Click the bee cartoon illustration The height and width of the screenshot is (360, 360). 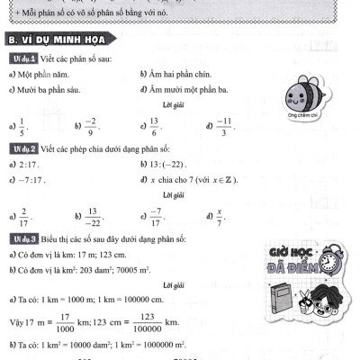tap(296, 94)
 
